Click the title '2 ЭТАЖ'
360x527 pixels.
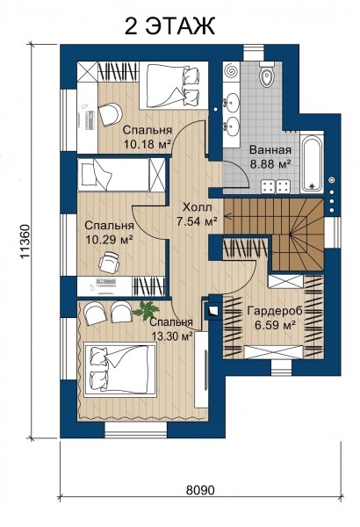click(169, 26)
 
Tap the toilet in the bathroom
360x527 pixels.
click(267, 76)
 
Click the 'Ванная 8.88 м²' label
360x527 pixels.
click(270, 156)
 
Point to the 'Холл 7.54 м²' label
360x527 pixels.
click(198, 214)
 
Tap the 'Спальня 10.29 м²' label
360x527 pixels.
click(109, 232)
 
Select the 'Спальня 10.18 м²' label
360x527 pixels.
click(148, 137)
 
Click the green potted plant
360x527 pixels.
click(146, 310)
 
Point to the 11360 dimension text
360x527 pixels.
click(25, 242)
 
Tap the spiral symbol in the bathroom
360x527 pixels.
click(231, 71)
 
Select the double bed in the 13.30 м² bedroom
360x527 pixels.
click(120, 370)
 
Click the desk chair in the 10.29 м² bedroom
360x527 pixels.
click(109, 262)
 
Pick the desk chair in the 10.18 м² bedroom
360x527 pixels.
click(110, 114)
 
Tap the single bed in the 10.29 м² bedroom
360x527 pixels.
click(122, 175)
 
